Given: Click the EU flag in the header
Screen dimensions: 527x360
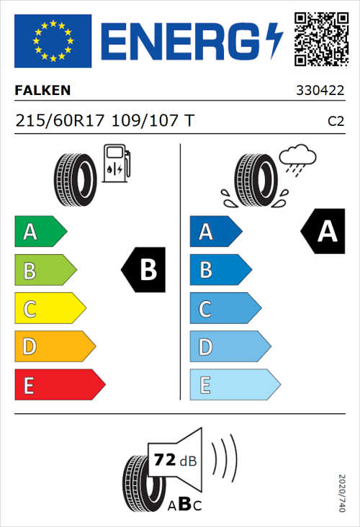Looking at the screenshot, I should [x=53, y=40].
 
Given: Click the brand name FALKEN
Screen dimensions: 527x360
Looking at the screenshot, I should [x=43, y=91].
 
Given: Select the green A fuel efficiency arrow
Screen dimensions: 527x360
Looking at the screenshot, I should [x=40, y=232].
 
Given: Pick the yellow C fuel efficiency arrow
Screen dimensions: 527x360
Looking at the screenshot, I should [x=49, y=309].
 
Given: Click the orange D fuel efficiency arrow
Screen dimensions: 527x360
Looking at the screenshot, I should [x=54, y=347].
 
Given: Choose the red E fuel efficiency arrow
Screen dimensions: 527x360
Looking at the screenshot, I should [x=59, y=385].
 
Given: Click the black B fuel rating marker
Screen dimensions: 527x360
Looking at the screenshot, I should [x=144, y=270].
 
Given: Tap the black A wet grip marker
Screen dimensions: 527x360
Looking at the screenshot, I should [x=323, y=231].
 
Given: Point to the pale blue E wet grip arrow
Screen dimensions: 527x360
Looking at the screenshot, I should [x=234, y=385].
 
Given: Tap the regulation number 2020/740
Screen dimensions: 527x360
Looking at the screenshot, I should [x=342, y=493].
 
